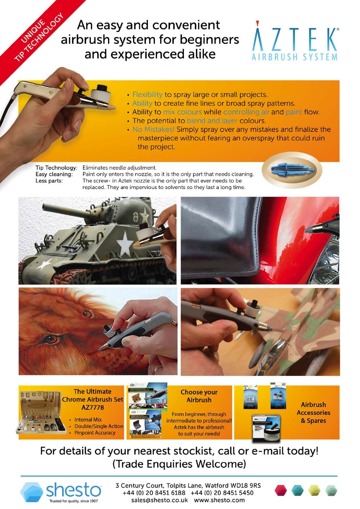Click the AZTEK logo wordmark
(295, 40)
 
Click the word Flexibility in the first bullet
(148, 94)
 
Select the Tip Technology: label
(56, 168)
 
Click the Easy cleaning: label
(54, 174)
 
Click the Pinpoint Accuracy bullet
(95, 433)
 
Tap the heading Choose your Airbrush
(199, 396)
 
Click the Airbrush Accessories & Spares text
(313, 413)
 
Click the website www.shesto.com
(219, 500)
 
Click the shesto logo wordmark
(74, 489)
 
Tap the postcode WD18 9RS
(248, 485)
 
